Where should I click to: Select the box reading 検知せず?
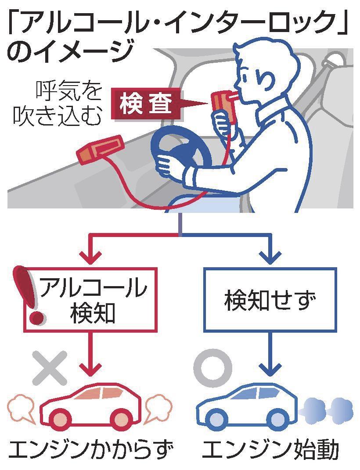(x=270, y=300)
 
